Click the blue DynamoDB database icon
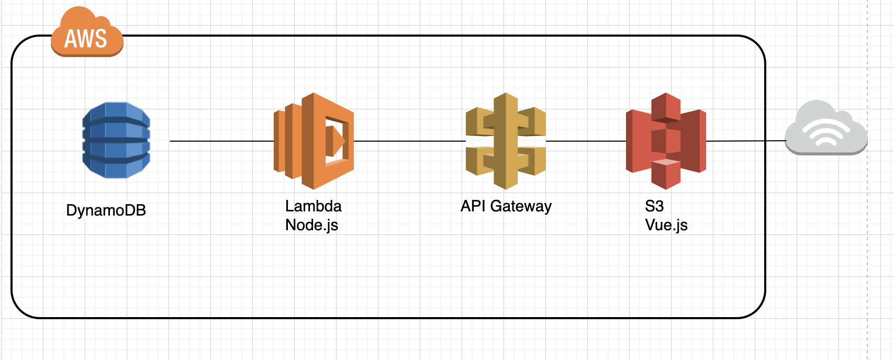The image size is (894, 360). pyautogui.click(x=116, y=140)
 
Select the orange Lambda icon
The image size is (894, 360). pyautogui.click(x=314, y=141)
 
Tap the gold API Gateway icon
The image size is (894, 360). pyautogui.click(x=506, y=141)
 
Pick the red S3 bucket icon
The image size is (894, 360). pyautogui.click(x=666, y=141)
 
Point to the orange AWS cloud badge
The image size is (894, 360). pyautogui.click(x=87, y=33)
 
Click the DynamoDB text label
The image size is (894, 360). pyautogui.click(x=106, y=210)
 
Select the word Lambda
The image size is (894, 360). pyautogui.click(x=313, y=206)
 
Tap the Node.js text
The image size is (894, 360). pyautogui.click(x=311, y=225)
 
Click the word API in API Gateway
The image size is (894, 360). pyautogui.click(x=473, y=206)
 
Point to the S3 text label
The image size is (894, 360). pyautogui.click(x=654, y=206)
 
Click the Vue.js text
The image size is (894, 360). pyautogui.click(x=666, y=225)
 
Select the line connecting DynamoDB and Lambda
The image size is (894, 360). pyautogui.click(x=221, y=141)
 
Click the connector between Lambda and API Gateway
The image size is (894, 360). pyautogui.click(x=409, y=141)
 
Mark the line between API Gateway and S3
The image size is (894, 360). pyautogui.click(x=586, y=141)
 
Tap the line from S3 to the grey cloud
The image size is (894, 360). pyautogui.click(x=745, y=141)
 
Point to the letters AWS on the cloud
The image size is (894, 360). pyautogui.click(x=85, y=39)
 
